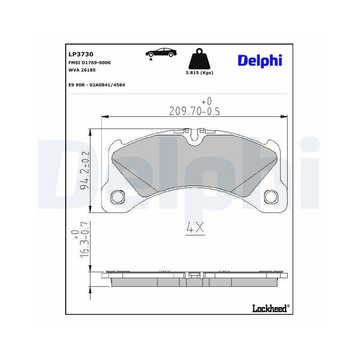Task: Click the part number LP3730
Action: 81,54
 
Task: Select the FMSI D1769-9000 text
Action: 89,63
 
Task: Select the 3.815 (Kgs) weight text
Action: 199,73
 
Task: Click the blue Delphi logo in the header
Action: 260,60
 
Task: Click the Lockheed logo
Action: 270,308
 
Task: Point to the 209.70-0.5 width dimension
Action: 194,111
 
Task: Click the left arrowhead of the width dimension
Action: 105,116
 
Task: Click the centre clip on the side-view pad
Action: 194,275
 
